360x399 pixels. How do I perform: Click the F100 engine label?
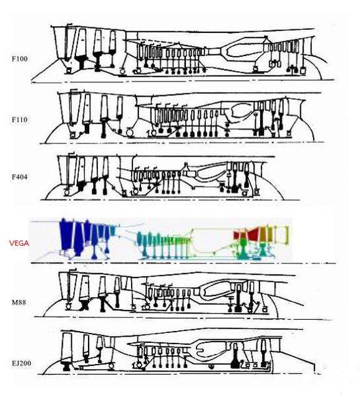click(19, 59)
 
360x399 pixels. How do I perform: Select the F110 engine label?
click(19, 120)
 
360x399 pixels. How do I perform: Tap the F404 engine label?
click(19, 177)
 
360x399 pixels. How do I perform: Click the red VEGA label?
click(19, 243)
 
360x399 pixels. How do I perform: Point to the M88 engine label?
click(19, 302)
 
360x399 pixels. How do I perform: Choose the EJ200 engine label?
click(22, 363)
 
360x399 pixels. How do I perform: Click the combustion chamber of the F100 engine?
click(240, 50)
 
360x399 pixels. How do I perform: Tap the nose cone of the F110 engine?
click(54, 133)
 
